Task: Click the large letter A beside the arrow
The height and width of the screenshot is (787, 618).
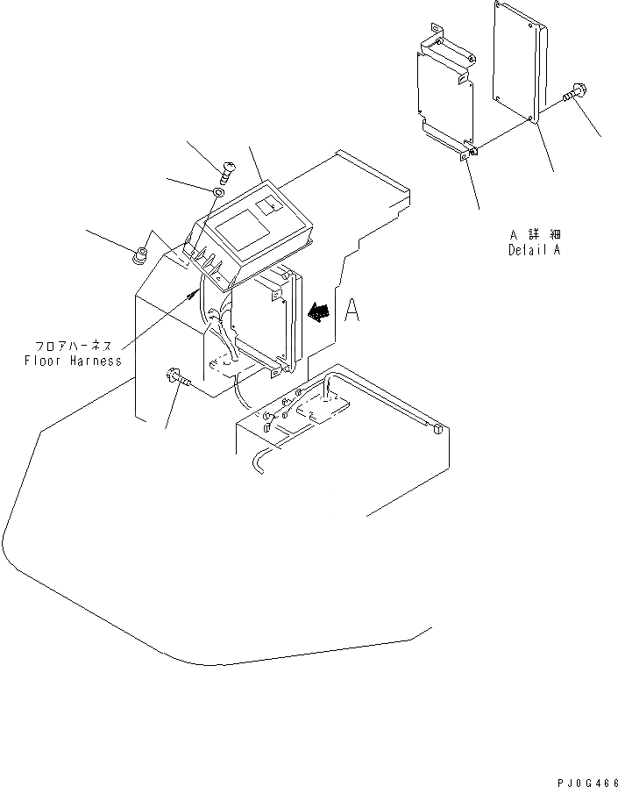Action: coord(352,311)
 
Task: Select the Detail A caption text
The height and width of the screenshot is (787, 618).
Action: coord(536,249)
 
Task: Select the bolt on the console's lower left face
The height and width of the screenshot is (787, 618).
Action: coord(172,380)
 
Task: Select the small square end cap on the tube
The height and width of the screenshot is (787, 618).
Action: coord(436,428)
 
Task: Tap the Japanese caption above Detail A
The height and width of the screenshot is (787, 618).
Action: coord(536,235)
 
